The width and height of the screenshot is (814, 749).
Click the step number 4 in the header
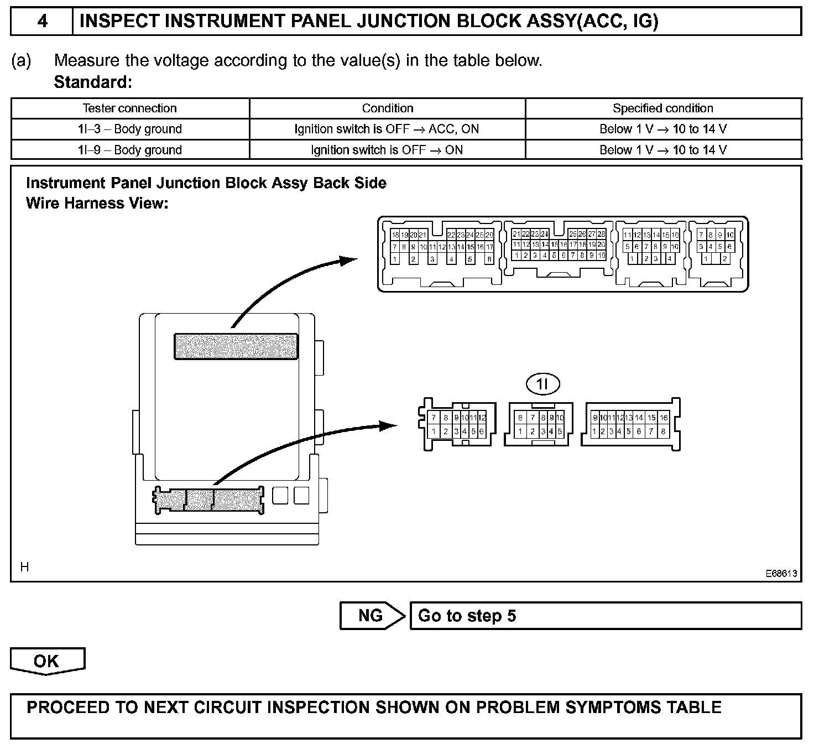click(x=42, y=22)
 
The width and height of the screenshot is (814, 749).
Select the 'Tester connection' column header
click(x=130, y=108)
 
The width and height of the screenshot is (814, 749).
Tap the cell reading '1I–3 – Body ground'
click(x=130, y=129)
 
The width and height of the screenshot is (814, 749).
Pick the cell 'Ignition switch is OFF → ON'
click(x=387, y=150)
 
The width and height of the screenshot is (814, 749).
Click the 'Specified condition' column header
click(x=663, y=108)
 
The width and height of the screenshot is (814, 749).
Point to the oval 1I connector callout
click(x=542, y=383)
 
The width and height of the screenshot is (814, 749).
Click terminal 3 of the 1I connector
click(x=543, y=431)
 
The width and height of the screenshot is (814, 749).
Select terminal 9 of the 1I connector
click(x=551, y=418)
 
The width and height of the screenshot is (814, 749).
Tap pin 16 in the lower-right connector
click(x=664, y=418)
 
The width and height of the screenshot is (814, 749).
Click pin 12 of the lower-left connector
click(x=482, y=418)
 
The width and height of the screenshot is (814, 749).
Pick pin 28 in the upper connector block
click(x=601, y=234)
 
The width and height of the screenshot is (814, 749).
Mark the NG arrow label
click(x=371, y=616)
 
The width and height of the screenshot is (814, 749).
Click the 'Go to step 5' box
click(x=605, y=616)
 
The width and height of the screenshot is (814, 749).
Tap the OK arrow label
click(x=47, y=661)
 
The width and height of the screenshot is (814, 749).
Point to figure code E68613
click(x=781, y=574)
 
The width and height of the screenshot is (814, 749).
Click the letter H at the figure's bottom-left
click(x=24, y=567)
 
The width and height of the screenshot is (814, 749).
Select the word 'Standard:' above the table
click(x=93, y=82)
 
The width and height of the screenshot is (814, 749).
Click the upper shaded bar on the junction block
click(x=236, y=346)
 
